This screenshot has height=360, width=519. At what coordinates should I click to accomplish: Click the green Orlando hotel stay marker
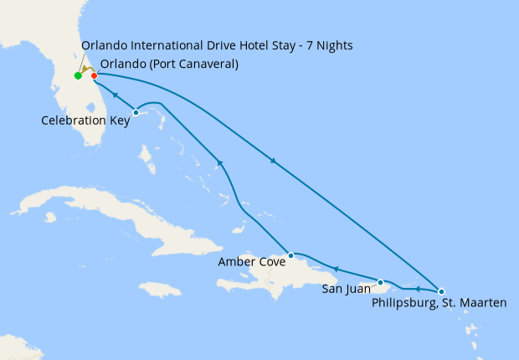(x=78, y=76)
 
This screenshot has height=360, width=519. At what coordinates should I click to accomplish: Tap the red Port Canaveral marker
(x=94, y=76)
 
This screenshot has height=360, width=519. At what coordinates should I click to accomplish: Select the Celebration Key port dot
(x=136, y=112)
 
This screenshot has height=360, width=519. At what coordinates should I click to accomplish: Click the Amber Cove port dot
(x=290, y=255)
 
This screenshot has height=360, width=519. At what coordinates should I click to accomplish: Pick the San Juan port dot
(x=381, y=282)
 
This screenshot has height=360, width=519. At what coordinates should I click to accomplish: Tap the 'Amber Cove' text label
(x=251, y=262)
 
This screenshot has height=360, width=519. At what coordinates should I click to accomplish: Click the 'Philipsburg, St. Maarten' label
(x=439, y=302)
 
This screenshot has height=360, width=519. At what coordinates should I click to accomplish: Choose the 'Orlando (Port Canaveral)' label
(x=168, y=64)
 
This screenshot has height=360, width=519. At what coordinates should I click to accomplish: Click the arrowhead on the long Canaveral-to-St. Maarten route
(x=272, y=161)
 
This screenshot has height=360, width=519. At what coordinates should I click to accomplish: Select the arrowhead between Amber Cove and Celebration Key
(x=219, y=162)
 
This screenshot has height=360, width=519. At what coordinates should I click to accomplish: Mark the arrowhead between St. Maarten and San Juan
(x=418, y=288)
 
